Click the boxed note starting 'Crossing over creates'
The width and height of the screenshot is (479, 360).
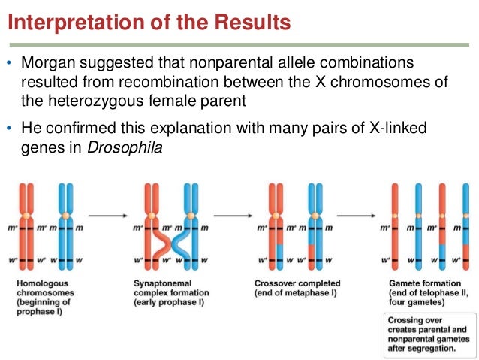(424, 334)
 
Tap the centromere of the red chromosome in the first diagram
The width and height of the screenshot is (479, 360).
(30, 216)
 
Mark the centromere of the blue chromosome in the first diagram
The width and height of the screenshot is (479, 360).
(66, 216)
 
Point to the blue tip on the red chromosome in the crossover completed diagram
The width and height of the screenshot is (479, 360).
(279, 254)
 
